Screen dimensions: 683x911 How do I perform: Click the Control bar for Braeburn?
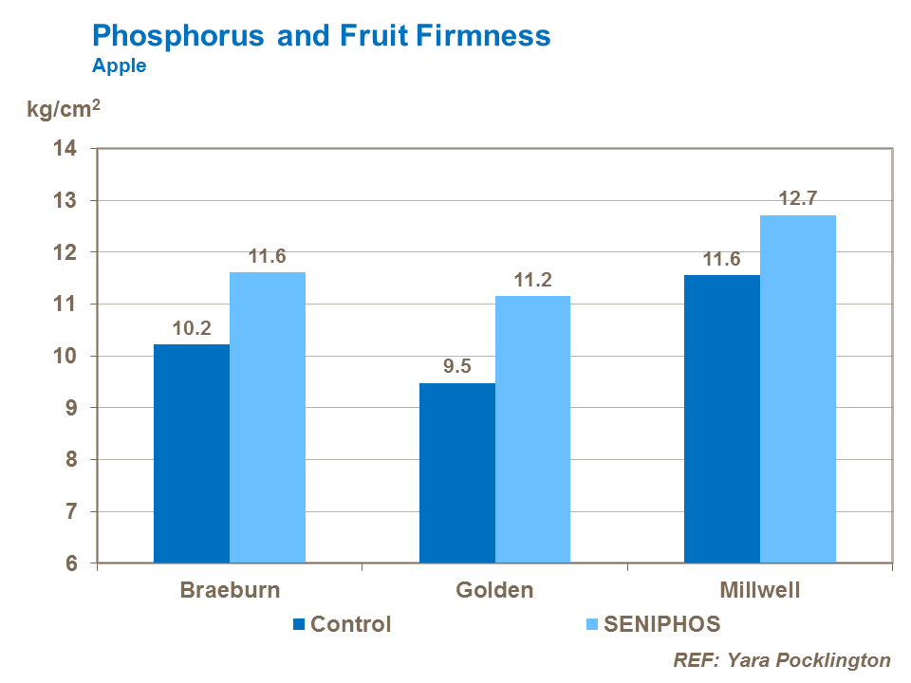coord(192,453)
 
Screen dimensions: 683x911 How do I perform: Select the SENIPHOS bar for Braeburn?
coord(268,417)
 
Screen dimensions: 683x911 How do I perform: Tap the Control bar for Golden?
coord(457,472)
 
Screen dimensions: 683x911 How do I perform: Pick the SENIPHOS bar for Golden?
coord(532,429)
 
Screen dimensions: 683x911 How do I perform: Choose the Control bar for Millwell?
coord(722,418)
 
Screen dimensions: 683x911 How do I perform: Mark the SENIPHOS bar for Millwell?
coord(798,389)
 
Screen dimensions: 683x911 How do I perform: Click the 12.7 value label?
coord(797,199)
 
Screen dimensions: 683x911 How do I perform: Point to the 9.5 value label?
coord(457,366)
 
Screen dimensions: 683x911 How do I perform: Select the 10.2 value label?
coord(192,327)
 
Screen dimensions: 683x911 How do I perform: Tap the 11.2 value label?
coord(532,280)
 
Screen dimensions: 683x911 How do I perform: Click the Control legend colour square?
coord(300,624)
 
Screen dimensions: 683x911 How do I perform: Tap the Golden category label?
coord(494,590)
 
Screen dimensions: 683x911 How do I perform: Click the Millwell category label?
coord(759,590)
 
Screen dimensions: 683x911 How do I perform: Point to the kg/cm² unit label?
coord(63,110)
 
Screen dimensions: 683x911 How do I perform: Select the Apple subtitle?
coord(119,66)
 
